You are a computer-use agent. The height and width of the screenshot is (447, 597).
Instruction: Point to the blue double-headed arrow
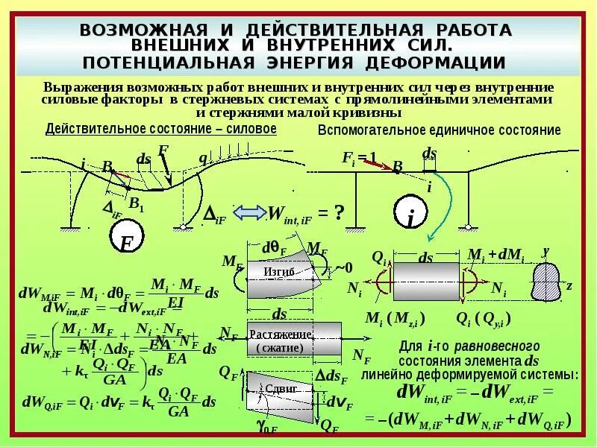250,213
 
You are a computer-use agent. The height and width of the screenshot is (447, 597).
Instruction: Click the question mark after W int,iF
338,213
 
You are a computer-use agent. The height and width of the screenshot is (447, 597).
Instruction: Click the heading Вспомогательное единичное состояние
439,130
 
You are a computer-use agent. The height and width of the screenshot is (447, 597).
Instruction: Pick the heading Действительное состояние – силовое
161,129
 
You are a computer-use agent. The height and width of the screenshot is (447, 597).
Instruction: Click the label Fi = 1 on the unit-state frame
359,157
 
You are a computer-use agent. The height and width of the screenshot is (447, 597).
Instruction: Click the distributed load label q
202,157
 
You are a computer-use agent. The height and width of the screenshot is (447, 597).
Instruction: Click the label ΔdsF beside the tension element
331,375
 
